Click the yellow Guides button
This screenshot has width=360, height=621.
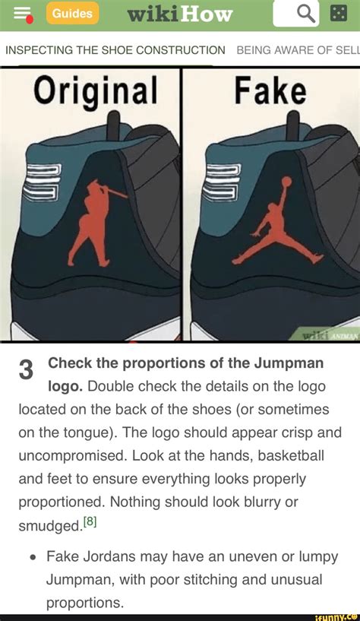(x=73, y=14)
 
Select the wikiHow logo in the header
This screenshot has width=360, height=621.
(x=179, y=14)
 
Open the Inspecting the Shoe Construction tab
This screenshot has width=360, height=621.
(x=115, y=50)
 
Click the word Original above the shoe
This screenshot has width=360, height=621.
(x=96, y=90)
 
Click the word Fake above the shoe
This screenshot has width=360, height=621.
(x=270, y=90)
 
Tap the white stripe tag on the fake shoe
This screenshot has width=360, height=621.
(x=221, y=182)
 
